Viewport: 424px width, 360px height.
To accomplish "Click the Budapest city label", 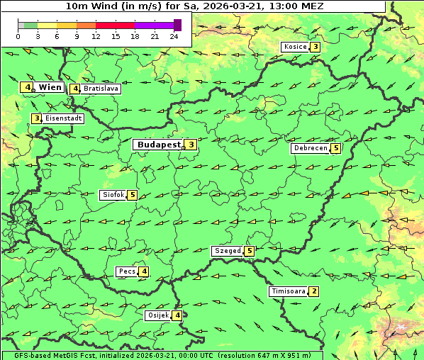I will (x=159, y=145).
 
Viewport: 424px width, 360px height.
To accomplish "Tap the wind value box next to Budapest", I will (x=191, y=145).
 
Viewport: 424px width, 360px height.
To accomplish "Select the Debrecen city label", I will (x=310, y=149).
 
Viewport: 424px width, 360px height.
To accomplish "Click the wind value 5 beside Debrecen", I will (x=336, y=149).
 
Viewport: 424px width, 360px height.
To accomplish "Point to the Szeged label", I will (x=227, y=251).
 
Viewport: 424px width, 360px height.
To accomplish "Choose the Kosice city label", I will (x=294, y=47).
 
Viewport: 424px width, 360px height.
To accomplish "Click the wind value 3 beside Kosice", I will (x=315, y=47).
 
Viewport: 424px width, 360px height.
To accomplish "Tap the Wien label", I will (x=50, y=87).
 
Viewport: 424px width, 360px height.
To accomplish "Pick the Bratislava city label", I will (x=100, y=89).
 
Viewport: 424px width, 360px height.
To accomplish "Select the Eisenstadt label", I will (x=64, y=118).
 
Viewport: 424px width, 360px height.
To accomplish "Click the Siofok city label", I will (x=112, y=195).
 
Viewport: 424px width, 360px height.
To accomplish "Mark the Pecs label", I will (x=127, y=271).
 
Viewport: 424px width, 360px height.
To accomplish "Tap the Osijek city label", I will (x=157, y=315).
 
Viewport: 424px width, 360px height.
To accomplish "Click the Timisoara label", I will (x=287, y=291).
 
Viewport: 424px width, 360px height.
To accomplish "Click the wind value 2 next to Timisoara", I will (x=314, y=291).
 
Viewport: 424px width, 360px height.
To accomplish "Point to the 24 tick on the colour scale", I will (x=174, y=36).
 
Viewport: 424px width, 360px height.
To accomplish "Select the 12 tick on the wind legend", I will (x=96, y=36).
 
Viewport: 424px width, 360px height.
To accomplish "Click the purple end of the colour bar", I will (x=177, y=25).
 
